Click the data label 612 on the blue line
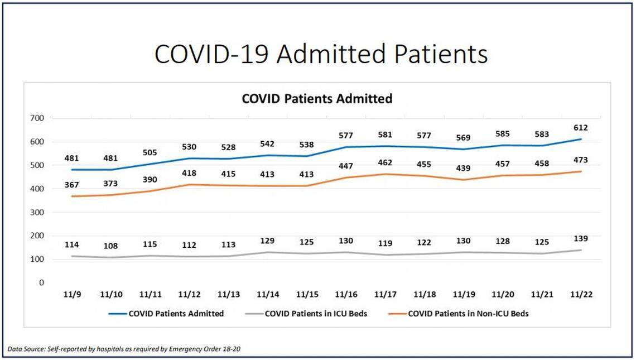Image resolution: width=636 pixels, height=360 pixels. click(x=580, y=127)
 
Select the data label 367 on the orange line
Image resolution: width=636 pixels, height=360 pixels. click(x=72, y=185)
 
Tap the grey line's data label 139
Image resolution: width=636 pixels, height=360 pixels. click(x=580, y=238)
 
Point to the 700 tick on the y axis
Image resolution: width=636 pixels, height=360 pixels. click(x=37, y=118)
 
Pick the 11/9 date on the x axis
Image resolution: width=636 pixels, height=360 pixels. click(x=72, y=294)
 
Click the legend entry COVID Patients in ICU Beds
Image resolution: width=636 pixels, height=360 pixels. click(x=316, y=314)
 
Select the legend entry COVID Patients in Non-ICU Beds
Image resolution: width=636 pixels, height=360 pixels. click(x=468, y=314)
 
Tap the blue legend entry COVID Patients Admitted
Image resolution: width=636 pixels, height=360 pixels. click(x=176, y=314)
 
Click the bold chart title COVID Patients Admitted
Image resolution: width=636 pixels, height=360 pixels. click(x=317, y=99)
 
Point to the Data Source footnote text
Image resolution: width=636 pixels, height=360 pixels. click(x=126, y=349)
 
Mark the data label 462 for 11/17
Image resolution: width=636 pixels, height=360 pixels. click(x=384, y=163)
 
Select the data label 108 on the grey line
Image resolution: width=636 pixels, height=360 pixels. click(x=111, y=246)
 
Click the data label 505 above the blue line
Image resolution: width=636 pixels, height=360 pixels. click(x=150, y=153)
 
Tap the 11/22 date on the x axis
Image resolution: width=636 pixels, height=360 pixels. click(x=580, y=294)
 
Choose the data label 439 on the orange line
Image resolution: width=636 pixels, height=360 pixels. click(x=462, y=168)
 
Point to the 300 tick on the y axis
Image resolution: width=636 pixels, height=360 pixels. click(x=37, y=213)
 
